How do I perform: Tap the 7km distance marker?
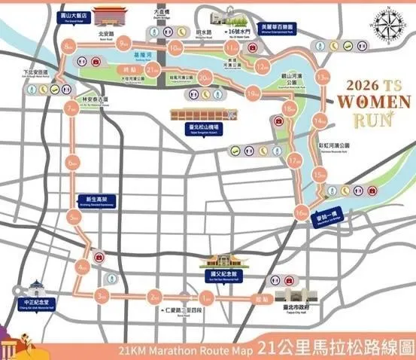pyautogui.click(x=72, y=110)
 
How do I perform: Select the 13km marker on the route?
pyautogui.click(x=324, y=78)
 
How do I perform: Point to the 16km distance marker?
pyautogui.click(x=301, y=214)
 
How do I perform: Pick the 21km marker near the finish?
pyautogui.click(x=153, y=70)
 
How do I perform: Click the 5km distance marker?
pyautogui.click(x=73, y=218)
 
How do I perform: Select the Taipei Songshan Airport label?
pyautogui.click(x=199, y=129)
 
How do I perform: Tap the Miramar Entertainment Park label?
pyautogui.click(x=278, y=28)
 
